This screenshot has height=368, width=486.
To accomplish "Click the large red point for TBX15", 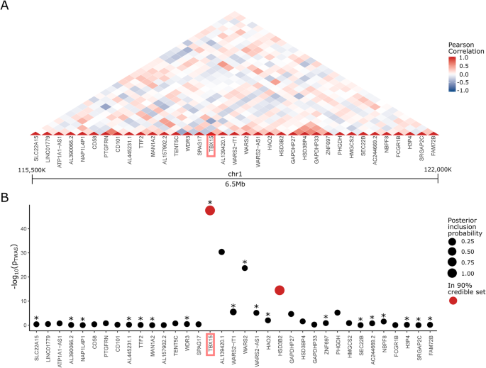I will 210,210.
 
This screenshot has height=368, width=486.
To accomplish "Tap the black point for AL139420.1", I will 221,252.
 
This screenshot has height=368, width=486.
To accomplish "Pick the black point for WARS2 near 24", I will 245,268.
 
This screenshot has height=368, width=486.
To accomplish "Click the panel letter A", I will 6,6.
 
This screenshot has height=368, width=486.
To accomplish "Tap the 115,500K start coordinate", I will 31,170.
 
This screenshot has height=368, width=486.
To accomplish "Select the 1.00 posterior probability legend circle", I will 455,272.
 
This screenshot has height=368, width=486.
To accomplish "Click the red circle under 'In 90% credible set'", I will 455,302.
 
